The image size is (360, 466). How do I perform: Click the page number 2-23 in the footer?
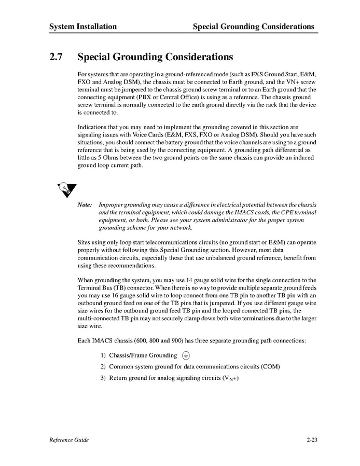click(x=312, y=440)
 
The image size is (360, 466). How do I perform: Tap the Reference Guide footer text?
click(x=69, y=440)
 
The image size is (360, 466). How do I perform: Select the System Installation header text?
click(x=83, y=26)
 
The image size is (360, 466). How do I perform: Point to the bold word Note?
click(x=85, y=205)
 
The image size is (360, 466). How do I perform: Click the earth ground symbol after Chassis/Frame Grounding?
click(x=186, y=355)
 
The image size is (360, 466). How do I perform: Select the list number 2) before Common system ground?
click(x=103, y=367)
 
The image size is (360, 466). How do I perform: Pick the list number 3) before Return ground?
click(x=103, y=378)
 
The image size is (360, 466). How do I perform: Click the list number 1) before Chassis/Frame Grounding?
click(x=103, y=355)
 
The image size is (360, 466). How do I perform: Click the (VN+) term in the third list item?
click(x=230, y=378)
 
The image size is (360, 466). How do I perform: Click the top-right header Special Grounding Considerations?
click(x=253, y=26)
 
